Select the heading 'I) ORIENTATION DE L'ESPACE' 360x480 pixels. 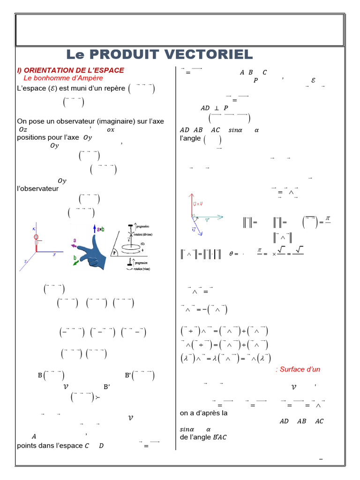coord(70,70)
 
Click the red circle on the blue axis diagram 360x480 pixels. coord(36,237)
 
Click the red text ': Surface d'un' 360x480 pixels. coord(298,369)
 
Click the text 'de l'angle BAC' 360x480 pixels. coord(203,437)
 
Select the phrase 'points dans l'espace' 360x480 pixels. coord(50,445)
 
